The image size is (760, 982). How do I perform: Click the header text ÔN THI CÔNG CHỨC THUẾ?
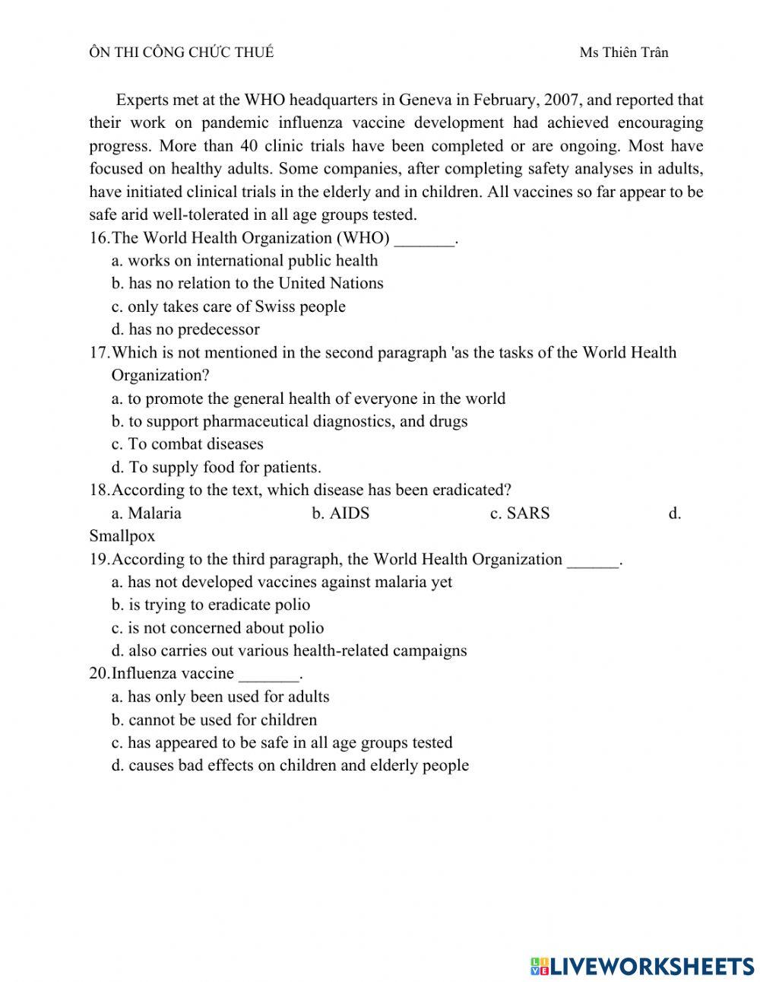pyautogui.click(x=181, y=52)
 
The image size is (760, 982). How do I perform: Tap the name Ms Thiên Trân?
pyautogui.click(x=623, y=52)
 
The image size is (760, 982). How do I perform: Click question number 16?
pyautogui.click(x=99, y=237)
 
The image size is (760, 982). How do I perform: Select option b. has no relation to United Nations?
pyautogui.click(x=247, y=283)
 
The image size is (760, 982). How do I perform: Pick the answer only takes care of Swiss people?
pyautogui.click(x=228, y=307)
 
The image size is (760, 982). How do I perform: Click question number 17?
pyautogui.click(x=99, y=352)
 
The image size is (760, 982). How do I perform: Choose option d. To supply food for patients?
pyautogui.click(x=216, y=467)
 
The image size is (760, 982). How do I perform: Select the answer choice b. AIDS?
pyautogui.click(x=340, y=513)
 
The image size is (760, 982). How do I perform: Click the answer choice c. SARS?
pyautogui.click(x=520, y=513)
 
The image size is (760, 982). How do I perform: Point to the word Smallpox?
pyautogui.click(x=122, y=535)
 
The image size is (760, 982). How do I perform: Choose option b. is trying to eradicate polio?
pyautogui.click(x=211, y=605)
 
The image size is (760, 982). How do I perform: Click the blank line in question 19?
pyautogui.click(x=594, y=563)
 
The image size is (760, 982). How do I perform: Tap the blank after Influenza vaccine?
pyautogui.click(x=269, y=678)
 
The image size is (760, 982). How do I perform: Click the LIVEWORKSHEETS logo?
pyautogui.click(x=642, y=965)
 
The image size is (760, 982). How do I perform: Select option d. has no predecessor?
pyautogui.click(x=185, y=329)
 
